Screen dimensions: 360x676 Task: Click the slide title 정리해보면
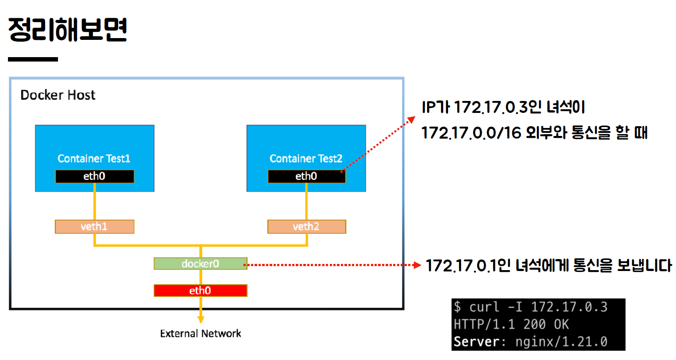click(68, 29)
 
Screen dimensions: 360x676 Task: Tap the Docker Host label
click(58, 95)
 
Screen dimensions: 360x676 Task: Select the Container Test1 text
click(94, 159)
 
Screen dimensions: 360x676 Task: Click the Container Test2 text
click(306, 159)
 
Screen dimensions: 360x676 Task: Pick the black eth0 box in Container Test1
click(94, 176)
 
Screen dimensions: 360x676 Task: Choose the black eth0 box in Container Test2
click(306, 176)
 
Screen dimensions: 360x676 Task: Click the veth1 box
click(94, 227)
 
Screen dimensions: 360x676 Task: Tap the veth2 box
click(306, 227)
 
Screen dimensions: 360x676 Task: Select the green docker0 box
click(200, 264)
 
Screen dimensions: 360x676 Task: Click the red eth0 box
click(200, 290)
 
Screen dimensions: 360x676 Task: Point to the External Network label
click(201, 333)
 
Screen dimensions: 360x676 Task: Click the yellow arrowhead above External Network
click(201, 320)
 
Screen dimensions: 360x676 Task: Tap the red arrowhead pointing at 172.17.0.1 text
click(417, 265)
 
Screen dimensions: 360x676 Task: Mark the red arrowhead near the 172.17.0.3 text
click(411, 120)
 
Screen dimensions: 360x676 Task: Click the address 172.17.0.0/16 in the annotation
click(471, 132)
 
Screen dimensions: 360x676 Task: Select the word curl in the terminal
click(484, 307)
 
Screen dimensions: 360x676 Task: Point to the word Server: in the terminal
click(479, 342)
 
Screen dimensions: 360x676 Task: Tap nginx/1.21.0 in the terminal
click(561, 342)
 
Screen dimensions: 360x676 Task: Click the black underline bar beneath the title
click(33, 59)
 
